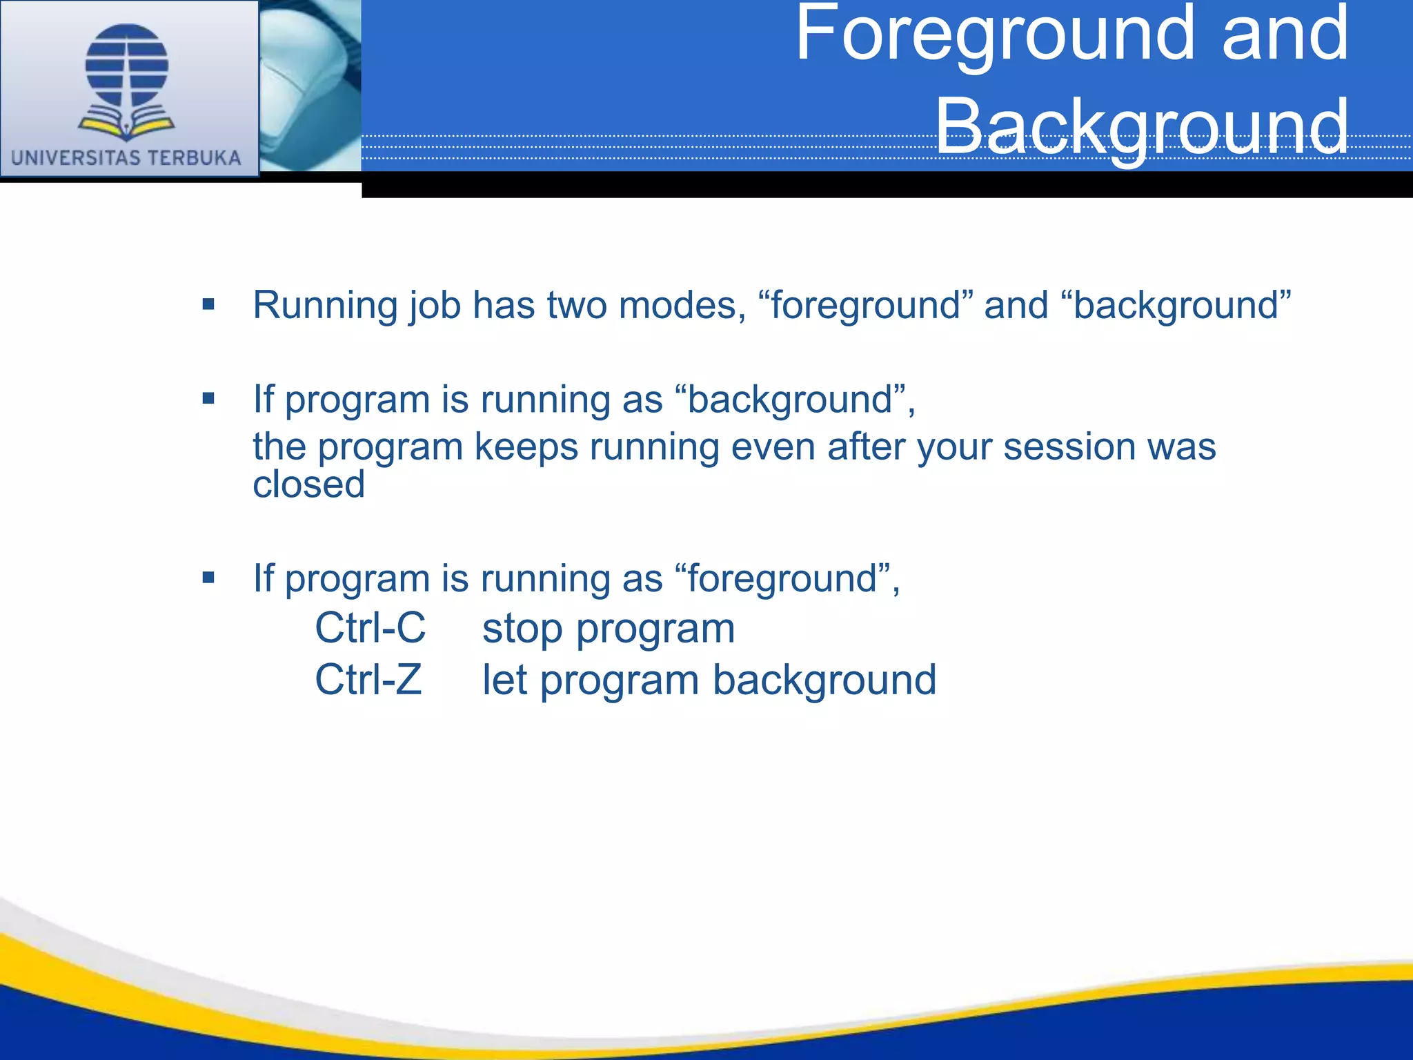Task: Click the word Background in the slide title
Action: tap(1141, 126)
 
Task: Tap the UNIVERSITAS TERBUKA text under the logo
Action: tap(126, 157)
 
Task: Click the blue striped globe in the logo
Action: tap(127, 66)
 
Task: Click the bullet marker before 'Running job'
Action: tap(208, 304)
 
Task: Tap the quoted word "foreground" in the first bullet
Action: tap(866, 306)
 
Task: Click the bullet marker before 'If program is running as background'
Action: tap(208, 398)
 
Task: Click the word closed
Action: tap(308, 484)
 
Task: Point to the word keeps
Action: tap(526, 446)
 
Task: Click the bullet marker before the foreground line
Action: tap(208, 577)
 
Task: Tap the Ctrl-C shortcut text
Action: tap(370, 628)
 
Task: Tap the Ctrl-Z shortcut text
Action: tap(368, 680)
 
